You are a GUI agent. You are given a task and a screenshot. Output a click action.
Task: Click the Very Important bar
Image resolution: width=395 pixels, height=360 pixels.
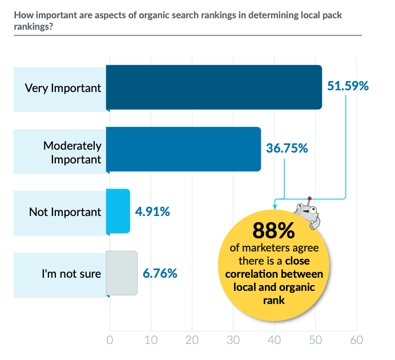(x=214, y=87)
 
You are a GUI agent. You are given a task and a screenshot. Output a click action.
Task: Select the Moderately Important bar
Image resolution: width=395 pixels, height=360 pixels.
(x=183, y=149)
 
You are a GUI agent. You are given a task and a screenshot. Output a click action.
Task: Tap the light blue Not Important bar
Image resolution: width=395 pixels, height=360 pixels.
(x=118, y=211)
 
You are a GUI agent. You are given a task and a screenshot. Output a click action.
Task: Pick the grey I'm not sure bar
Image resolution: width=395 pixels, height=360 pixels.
(x=122, y=273)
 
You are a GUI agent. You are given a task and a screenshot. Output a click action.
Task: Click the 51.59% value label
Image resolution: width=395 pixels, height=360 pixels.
(x=348, y=86)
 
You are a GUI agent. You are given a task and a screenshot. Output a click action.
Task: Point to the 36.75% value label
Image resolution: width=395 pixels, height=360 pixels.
(x=287, y=148)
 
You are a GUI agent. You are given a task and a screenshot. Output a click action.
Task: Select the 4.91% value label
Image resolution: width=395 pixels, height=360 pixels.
(x=152, y=211)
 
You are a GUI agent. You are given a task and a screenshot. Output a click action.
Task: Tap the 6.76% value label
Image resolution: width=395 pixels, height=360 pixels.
(x=160, y=273)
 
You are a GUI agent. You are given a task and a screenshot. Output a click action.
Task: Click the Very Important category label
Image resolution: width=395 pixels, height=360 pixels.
(x=63, y=88)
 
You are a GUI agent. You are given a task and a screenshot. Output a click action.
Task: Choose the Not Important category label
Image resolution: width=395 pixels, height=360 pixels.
(x=65, y=212)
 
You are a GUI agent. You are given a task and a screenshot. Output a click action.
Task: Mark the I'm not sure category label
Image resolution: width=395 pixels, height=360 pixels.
(x=71, y=274)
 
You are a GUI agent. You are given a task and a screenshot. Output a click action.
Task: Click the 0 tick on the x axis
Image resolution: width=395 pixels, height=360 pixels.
(x=110, y=340)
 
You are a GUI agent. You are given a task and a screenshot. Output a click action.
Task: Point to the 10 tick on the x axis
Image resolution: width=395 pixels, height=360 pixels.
(x=151, y=340)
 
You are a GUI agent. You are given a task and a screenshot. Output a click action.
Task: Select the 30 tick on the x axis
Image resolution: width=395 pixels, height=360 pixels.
(x=233, y=340)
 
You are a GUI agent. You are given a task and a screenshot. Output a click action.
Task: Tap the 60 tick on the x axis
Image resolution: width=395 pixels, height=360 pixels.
(x=357, y=340)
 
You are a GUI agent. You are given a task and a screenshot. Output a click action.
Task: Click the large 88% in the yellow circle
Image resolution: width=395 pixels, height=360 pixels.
(x=273, y=230)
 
